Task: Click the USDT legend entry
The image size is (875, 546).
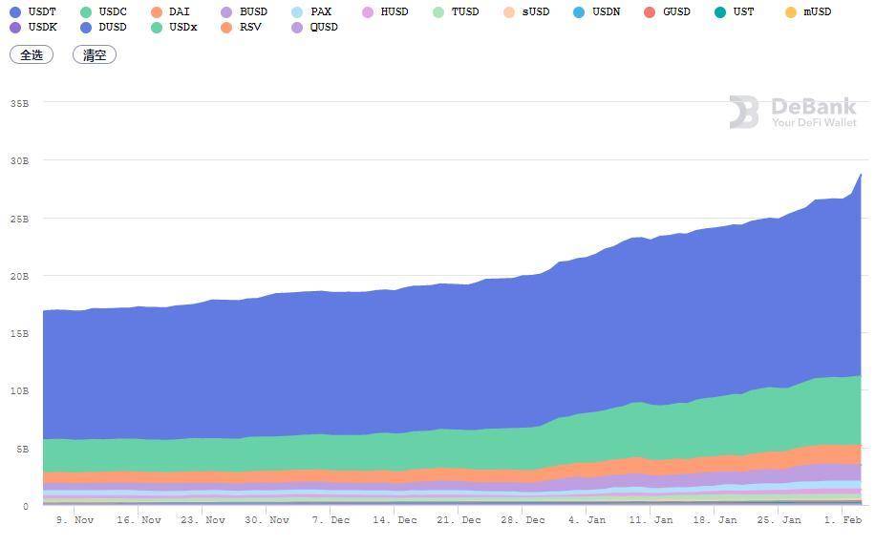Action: coord(33,12)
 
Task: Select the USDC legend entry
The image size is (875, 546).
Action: coord(104,12)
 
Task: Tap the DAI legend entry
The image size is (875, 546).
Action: coord(171,12)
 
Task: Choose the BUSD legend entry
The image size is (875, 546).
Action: coord(245,12)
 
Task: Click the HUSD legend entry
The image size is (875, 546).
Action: coord(385,12)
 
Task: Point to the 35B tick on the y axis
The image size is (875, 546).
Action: coord(19,103)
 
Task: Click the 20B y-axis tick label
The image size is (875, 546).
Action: coord(19,276)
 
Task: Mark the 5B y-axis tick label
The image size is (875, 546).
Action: coord(22,449)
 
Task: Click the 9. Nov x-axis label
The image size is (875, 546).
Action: coord(75,520)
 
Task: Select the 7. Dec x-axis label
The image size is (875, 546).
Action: coord(331,520)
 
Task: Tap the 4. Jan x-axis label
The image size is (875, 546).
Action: coord(587,520)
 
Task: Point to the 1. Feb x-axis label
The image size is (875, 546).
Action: coord(843,520)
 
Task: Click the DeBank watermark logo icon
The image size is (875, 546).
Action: coord(744,113)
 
